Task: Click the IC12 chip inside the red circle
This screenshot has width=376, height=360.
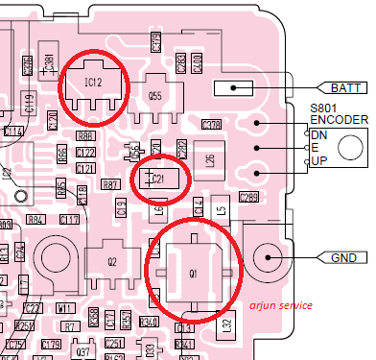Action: coord(93,84)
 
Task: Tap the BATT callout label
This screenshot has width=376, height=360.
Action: coord(345,87)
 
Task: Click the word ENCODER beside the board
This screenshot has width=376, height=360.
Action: coord(338,120)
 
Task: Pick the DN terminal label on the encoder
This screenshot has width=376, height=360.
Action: coord(318,135)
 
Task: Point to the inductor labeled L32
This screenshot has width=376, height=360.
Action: coord(226,324)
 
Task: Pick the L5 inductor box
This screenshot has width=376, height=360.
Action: coord(221,207)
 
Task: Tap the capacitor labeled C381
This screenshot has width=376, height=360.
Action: coord(48,64)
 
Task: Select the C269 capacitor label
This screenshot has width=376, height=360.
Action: coord(248,198)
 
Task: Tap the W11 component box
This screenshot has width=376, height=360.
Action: coord(65,309)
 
